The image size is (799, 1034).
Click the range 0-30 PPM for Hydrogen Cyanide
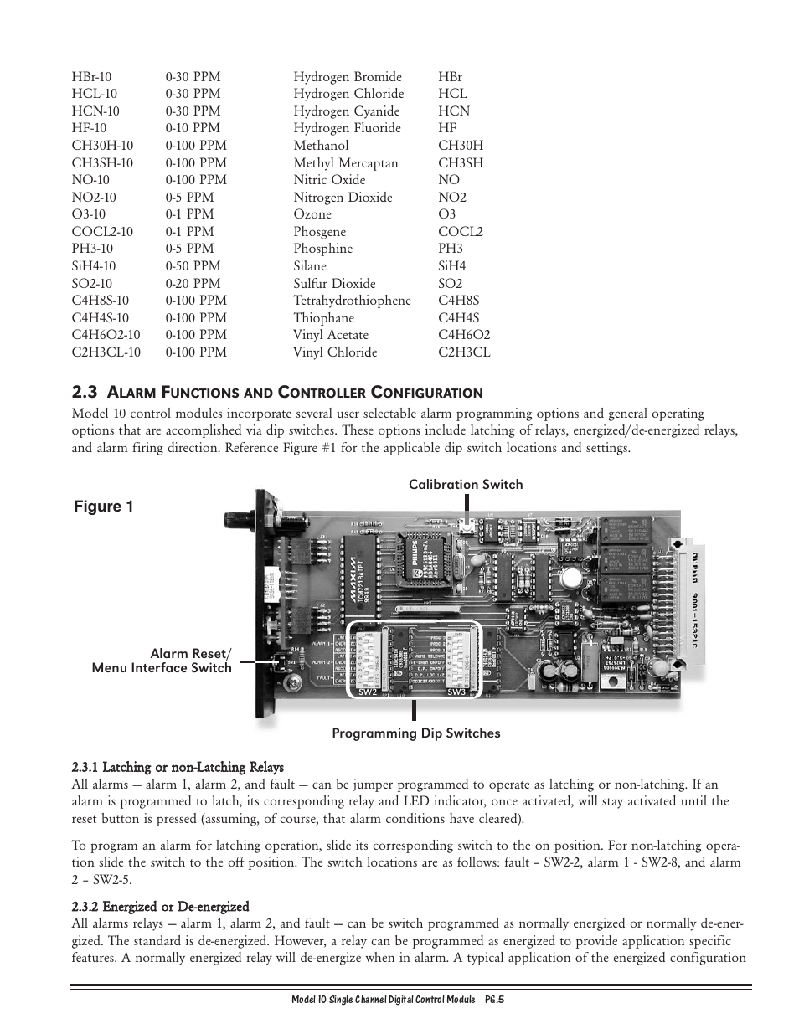point(193,111)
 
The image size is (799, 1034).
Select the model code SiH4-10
point(92,266)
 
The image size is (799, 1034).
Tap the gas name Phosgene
point(319,232)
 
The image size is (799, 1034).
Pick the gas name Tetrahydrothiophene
point(352,301)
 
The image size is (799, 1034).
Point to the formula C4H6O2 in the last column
point(464,335)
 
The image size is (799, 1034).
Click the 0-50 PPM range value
point(193,266)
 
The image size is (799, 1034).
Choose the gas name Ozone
point(312,214)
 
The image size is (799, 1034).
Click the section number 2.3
point(85,392)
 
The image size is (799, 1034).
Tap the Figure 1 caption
point(103,507)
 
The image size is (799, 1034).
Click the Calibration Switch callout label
point(466,485)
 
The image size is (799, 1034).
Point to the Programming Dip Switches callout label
point(415,733)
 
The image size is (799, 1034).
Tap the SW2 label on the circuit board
point(367,692)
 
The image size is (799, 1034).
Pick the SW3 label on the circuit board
point(456,692)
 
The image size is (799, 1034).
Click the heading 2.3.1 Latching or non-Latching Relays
point(178,767)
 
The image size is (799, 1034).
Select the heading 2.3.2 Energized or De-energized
point(160,907)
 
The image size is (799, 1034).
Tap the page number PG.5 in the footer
point(493,1001)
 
